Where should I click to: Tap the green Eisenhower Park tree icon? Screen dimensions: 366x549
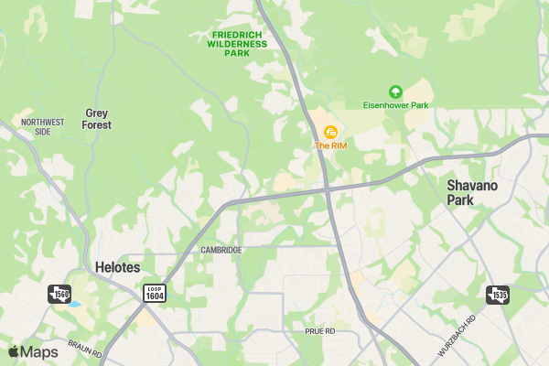point(395,91)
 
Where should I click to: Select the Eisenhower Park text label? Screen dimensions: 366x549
point(395,105)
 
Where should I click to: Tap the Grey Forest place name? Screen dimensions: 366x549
point(97,119)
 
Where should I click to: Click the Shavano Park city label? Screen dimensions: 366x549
point(472,192)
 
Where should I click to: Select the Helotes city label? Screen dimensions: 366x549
point(117,268)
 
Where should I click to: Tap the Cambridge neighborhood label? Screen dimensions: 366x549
point(221,250)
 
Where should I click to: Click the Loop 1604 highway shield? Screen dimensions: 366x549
point(155,293)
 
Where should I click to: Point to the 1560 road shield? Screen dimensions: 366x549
point(59,294)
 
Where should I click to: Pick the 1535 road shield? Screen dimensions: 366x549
point(497,295)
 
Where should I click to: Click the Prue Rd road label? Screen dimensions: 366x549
point(321,330)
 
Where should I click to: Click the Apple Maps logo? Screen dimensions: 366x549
point(33,352)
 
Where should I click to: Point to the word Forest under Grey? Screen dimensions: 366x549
point(97,125)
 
